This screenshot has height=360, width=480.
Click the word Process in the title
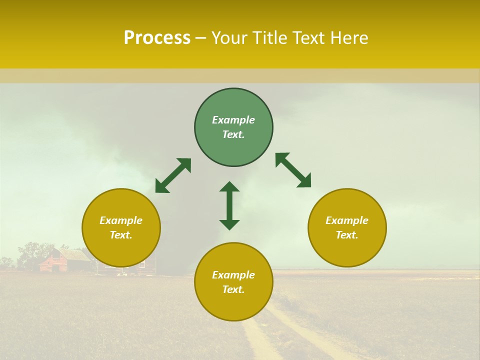pyautogui.click(x=157, y=38)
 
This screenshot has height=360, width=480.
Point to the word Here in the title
pyautogui.click(x=348, y=38)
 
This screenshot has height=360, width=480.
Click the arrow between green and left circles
pyautogui.click(x=173, y=175)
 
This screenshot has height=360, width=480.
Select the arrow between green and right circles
pyautogui.click(x=293, y=170)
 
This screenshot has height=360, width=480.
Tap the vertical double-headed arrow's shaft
pyautogui.click(x=229, y=205)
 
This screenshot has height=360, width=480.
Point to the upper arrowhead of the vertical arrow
pyautogui.click(x=229, y=186)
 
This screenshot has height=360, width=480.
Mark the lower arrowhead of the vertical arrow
pyautogui.click(x=229, y=224)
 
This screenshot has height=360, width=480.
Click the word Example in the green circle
pyautogui.click(x=233, y=120)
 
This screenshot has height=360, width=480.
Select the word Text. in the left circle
pyautogui.click(x=121, y=235)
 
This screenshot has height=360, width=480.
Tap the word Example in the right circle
pyautogui.click(x=347, y=220)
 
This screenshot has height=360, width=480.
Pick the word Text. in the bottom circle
pyautogui.click(x=233, y=289)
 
